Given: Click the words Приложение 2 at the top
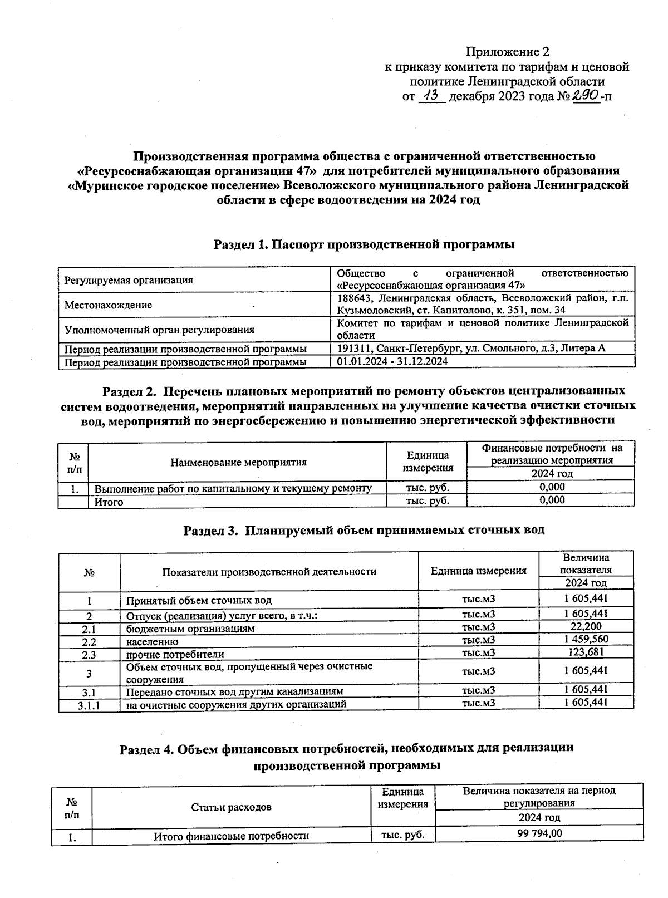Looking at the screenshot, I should tap(507, 52).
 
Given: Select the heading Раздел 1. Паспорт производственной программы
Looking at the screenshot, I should tap(364, 244).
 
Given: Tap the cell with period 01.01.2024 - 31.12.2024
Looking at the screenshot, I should tap(392, 361).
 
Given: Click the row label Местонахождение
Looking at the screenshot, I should tap(108, 305).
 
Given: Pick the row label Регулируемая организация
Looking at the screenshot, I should tap(129, 280).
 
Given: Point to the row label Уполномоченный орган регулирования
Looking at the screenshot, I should tap(159, 330).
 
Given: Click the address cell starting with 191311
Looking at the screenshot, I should tap(471, 348).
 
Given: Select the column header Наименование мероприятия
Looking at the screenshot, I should tap(238, 462).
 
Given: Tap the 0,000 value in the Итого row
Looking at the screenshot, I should tap(552, 500).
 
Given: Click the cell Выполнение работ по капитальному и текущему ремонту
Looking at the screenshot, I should tap(233, 488).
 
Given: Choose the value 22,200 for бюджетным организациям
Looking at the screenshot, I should tap(585, 626).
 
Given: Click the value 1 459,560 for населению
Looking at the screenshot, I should tap(586, 639).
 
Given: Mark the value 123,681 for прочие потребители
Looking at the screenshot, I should tap(586, 652).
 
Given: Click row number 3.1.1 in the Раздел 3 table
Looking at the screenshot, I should tap(89, 705).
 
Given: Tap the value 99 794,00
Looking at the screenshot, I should tap(539, 833).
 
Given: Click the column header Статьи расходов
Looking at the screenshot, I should tap(231, 807).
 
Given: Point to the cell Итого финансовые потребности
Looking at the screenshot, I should tap(231, 836).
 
